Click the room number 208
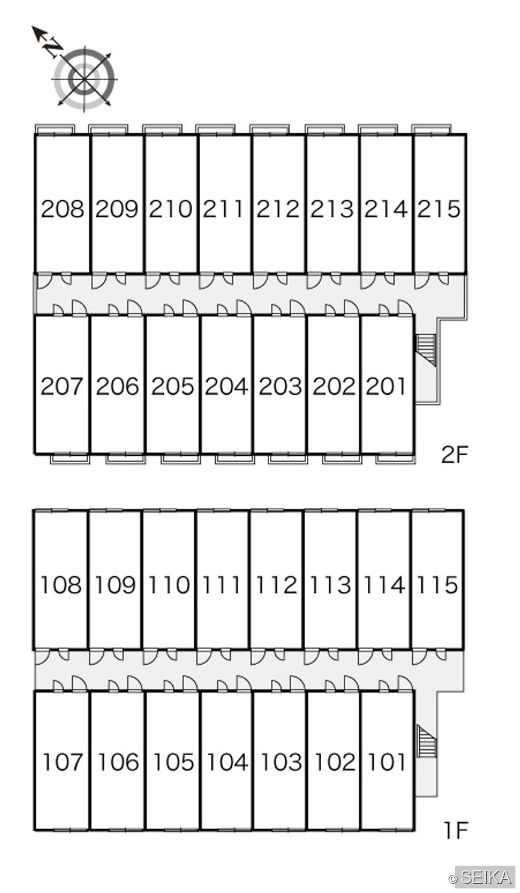point(62,209)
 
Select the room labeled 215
point(439,209)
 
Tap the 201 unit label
point(385,386)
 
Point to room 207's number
point(62,386)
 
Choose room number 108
point(61,585)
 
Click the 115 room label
point(437,585)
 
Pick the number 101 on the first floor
point(387,762)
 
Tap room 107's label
point(62,762)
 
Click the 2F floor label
point(454,455)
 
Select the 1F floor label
point(455,831)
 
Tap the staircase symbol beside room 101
point(427,741)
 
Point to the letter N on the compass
point(53,48)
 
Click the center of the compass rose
point(84,79)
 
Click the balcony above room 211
point(215,129)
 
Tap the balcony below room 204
point(235,459)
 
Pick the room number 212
point(278,209)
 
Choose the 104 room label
point(227,762)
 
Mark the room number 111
point(222,585)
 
